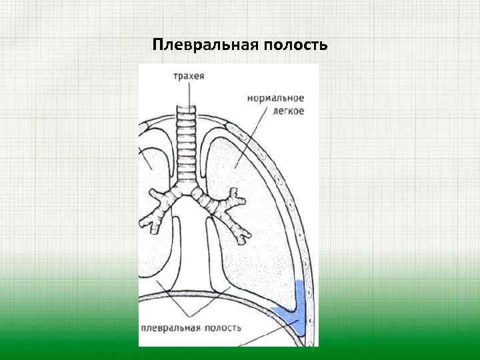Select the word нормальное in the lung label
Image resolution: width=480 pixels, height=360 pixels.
276,98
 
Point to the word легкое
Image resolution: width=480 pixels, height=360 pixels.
289,111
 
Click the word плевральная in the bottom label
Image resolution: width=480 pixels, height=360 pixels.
171,327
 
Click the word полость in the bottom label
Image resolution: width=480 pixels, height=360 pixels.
223,327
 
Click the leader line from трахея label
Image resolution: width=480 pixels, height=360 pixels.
189,93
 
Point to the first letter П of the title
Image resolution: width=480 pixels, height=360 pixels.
157,45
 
